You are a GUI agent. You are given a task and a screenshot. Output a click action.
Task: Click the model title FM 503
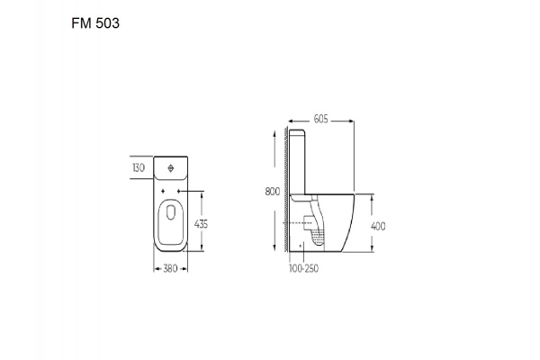click(95, 23)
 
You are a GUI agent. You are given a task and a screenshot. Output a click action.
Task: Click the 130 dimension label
click(139, 167)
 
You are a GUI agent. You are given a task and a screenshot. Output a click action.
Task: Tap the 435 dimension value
click(201, 224)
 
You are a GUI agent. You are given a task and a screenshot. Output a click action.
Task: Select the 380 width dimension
click(170, 268)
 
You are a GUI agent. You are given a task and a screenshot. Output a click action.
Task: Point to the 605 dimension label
click(321, 119)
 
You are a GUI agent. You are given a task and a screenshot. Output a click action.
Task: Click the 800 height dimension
click(273, 192)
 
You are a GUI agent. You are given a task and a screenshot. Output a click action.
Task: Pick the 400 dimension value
click(378, 226)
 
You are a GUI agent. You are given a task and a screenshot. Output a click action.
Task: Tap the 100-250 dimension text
click(304, 268)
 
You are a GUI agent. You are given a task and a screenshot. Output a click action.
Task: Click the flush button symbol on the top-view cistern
click(171, 168)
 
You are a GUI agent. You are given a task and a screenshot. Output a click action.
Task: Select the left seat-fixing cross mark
click(163, 191)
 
